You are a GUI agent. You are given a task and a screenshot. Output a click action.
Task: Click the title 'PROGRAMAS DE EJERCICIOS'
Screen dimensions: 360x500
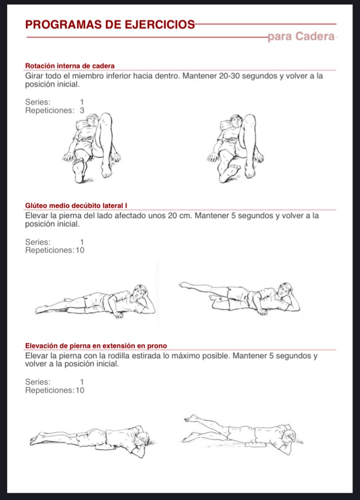point(110,24)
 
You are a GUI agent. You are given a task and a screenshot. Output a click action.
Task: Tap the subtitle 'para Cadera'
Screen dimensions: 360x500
point(301,37)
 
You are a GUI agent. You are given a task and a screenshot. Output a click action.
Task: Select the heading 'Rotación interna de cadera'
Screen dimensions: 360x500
point(70,66)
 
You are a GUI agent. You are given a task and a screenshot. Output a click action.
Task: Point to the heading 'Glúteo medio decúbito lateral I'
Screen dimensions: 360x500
point(76,206)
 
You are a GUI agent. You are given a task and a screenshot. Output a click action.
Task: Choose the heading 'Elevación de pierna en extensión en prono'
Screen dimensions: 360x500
point(96,346)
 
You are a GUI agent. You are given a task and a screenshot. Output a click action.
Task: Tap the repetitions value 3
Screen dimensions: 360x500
point(82,110)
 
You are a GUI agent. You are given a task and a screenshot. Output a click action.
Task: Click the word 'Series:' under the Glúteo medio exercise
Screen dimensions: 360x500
point(38,242)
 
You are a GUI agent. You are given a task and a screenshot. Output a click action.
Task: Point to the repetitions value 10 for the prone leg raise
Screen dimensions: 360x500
point(80,390)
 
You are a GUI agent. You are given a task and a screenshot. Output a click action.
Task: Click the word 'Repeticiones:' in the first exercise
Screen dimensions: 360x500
point(50,111)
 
